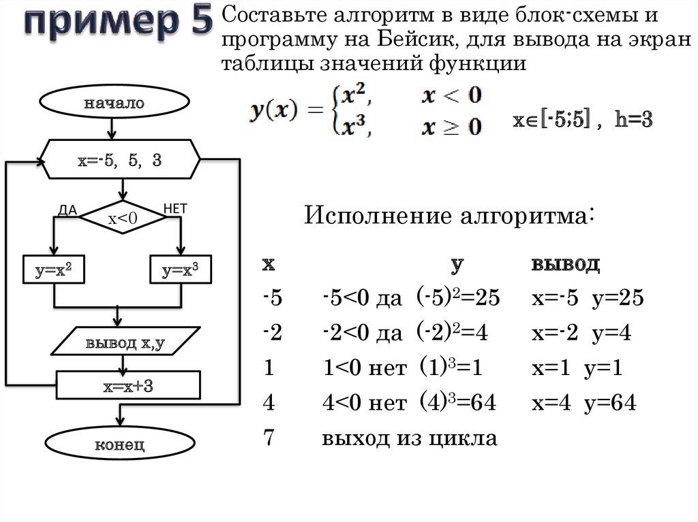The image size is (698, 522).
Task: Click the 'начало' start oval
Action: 115,104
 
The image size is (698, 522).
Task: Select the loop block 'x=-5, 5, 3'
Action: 121,162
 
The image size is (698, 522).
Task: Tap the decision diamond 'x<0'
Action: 123,218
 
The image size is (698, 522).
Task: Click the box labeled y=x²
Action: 54,271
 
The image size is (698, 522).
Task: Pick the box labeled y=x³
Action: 181,271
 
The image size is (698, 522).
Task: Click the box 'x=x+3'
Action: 127,386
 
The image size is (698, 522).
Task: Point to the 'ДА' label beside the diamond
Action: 68,210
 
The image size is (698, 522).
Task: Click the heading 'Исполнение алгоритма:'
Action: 450,217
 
